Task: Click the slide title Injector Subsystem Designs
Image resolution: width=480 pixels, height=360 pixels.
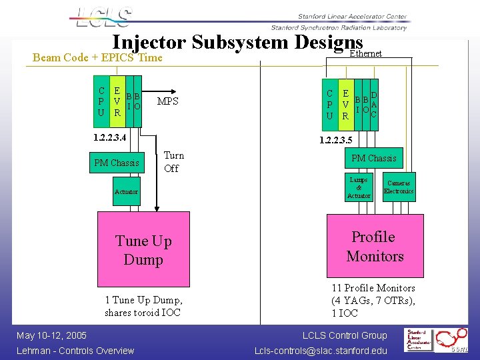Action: pyautogui.click(x=232, y=43)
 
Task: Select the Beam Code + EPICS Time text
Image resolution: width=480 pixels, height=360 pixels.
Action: pyautogui.click(x=97, y=57)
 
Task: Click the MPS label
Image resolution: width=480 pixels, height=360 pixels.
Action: pyautogui.click(x=167, y=101)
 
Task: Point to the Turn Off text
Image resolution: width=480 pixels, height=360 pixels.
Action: pyautogui.click(x=173, y=162)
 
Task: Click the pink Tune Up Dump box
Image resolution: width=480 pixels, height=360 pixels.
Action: pyautogui.click(x=143, y=250)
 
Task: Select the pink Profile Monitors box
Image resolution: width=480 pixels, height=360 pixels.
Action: pyautogui.click(x=374, y=247)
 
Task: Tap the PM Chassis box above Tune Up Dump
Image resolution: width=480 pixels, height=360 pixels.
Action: pyautogui.click(x=117, y=163)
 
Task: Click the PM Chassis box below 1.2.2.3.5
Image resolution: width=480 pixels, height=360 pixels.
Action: pyautogui.click(x=373, y=158)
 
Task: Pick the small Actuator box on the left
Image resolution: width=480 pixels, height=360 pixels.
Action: pyautogui.click(x=126, y=192)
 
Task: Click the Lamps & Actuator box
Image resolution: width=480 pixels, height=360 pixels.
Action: pyautogui.click(x=359, y=188)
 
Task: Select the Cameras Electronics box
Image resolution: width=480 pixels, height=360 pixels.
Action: pyautogui.click(x=399, y=187)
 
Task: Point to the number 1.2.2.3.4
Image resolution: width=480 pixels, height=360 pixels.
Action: pyautogui.click(x=103, y=137)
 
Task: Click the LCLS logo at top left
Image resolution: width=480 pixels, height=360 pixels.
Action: pyautogui.click(x=104, y=19)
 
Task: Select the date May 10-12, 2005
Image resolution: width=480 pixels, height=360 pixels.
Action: pyautogui.click(x=51, y=335)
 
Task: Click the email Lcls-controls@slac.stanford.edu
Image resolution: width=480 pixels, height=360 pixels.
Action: pyautogui.click(x=321, y=351)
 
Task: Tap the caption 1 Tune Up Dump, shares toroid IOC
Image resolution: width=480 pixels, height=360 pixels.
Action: pyautogui.click(x=143, y=307)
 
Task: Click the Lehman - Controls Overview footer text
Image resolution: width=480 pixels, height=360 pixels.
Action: pyautogui.click(x=75, y=351)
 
